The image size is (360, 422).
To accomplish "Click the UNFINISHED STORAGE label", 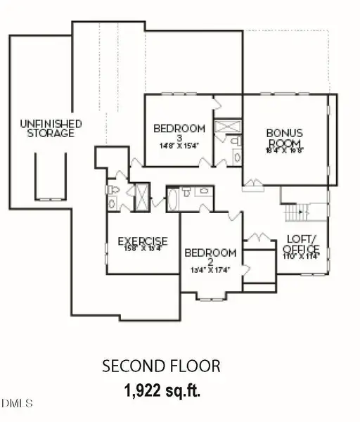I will [50, 128].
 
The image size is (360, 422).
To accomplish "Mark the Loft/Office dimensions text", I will [301, 256].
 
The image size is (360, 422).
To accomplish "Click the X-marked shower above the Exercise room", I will [142, 197].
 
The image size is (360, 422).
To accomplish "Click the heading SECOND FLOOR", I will [161, 366].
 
